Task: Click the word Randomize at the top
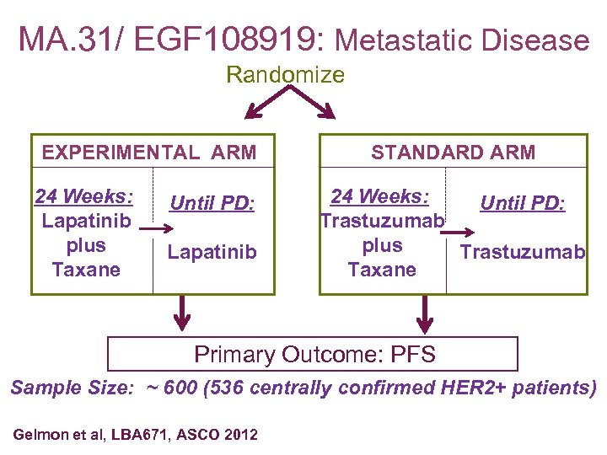pos(285,75)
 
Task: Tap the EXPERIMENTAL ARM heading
pos(149,153)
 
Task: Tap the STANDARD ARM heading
pos(453,153)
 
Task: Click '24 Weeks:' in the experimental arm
pos(83,197)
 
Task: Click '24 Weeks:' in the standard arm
pos(380,197)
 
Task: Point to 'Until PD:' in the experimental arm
pos(212,203)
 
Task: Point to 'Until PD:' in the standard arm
pos(523,203)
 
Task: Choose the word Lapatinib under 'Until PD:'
pos(212,252)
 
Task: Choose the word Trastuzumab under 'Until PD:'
pos(521,252)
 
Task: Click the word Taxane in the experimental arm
pos(85,270)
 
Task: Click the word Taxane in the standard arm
pos(382,270)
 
